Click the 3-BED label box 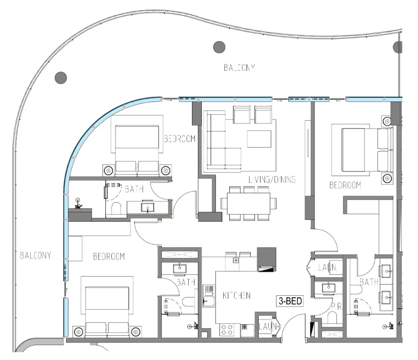[289, 301]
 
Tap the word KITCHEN [236, 295]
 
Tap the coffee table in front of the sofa [259, 139]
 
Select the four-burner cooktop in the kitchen [227, 330]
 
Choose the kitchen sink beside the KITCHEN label [208, 297]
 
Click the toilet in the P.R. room [332, 319]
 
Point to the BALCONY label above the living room [239, 68]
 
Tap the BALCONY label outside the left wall [35, 255]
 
